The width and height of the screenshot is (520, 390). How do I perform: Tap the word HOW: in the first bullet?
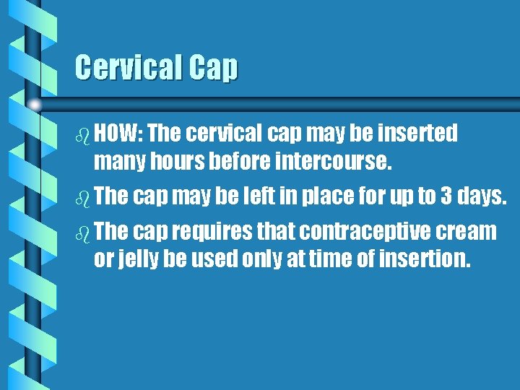[x=119, y=133]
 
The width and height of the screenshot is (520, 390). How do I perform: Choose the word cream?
[x=469, y=231]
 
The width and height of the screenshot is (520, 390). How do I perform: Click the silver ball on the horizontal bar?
[x=34, y=105]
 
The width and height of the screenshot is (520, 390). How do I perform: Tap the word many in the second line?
[x=118, y=162]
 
